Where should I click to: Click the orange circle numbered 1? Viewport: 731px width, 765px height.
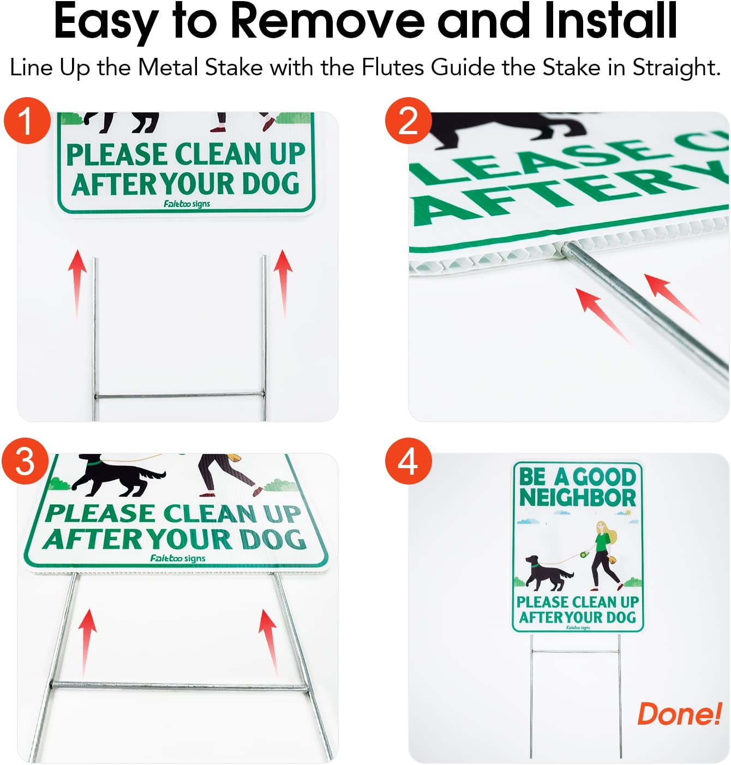(27, 121)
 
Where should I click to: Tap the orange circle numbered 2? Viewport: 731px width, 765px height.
(408, 121)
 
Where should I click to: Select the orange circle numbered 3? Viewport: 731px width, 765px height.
(25, 461)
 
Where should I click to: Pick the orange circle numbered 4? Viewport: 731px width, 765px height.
(408, 461)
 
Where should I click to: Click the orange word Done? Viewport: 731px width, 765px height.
(679, 714)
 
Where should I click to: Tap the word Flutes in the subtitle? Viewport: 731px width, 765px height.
(393, 68)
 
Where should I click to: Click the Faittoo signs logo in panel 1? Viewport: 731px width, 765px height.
(187, 204)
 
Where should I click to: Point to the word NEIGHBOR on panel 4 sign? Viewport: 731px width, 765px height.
(578, 497)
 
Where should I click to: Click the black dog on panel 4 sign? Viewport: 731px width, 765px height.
(547, 573)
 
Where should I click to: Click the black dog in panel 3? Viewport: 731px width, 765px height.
(115, 474)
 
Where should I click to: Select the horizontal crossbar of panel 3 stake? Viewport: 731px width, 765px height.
(180, 686)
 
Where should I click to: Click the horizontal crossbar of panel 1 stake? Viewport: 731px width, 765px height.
(179, 395)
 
